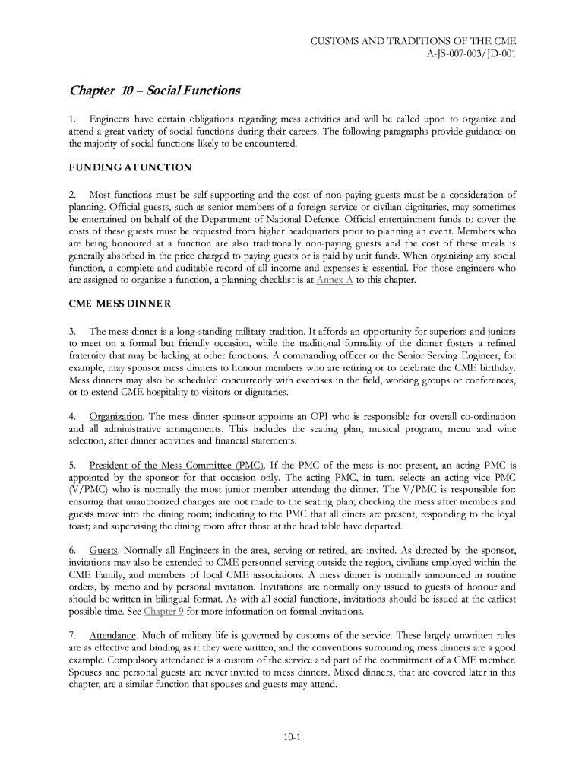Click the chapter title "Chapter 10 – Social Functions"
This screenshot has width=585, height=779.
154,91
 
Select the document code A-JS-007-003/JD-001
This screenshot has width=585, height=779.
469,54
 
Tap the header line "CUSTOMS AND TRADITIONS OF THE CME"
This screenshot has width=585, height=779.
413,40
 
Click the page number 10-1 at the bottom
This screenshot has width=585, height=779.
292,737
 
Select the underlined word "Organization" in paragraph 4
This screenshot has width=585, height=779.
115,416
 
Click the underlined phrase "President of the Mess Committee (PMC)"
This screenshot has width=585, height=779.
176,465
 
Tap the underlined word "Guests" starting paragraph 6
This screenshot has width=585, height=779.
103,550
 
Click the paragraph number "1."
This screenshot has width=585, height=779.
73,119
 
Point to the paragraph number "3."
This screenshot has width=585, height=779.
73,332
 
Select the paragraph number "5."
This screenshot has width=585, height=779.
73,465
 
